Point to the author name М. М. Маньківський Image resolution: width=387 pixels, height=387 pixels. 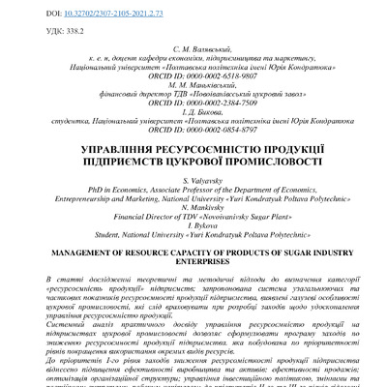point(193,91)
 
